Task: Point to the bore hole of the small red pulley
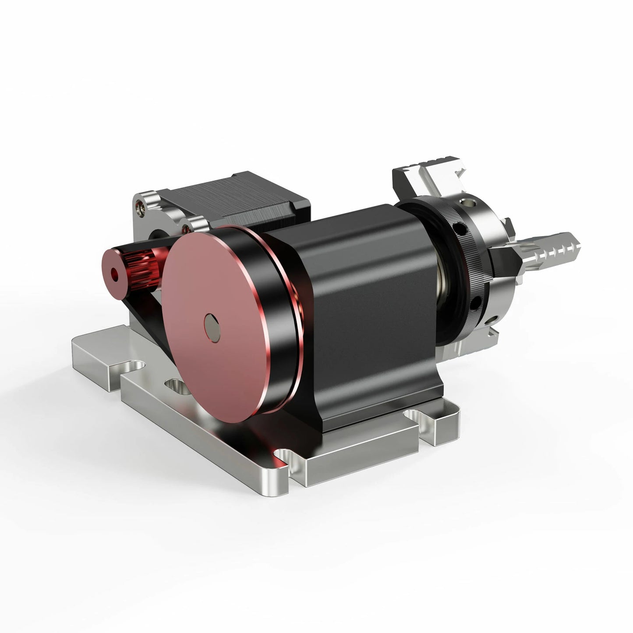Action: coord(115,275)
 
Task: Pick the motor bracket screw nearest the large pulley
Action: coord(188,227)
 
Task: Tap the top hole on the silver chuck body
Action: coord(471,202)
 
